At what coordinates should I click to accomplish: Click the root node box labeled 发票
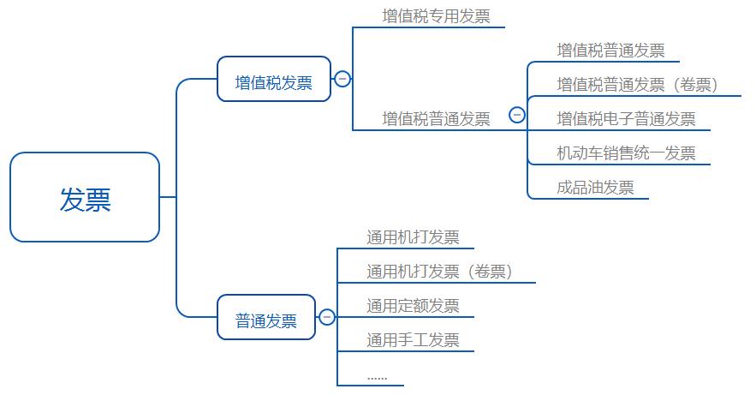[85, 197]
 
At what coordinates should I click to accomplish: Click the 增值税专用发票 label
[436, 16]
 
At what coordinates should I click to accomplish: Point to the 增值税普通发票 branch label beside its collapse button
[436, 118]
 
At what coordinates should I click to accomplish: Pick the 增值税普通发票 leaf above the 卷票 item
[610, 51]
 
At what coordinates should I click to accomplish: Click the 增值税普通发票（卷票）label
[637, 84]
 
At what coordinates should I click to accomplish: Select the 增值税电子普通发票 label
[626, 118]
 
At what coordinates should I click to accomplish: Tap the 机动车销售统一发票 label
[626, 153]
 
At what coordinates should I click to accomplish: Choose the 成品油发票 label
[595, 188]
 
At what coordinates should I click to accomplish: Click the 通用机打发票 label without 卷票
[413, 237]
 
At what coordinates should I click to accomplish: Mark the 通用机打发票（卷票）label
[439, 272]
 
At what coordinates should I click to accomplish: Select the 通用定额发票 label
[413, 306]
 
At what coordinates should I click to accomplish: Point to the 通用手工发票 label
[413, 340]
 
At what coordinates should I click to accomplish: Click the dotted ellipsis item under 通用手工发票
[377, 375]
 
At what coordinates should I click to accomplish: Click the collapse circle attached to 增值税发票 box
[342, 79]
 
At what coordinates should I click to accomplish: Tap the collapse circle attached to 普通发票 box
[327, 317]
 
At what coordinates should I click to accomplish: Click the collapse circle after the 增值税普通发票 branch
[516, 114]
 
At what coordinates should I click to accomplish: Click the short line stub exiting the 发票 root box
[167, 197]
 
